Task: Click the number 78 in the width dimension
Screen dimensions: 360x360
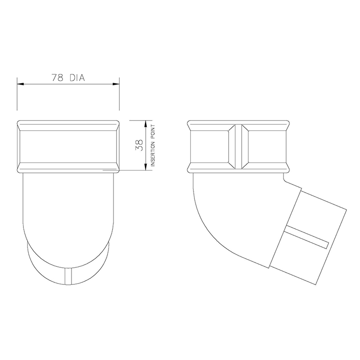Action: coord(58,77)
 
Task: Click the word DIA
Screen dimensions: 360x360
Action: coord(77,77)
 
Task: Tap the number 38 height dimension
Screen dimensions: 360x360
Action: coord(139,145)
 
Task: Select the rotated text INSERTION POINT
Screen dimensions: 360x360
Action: coord(153,145)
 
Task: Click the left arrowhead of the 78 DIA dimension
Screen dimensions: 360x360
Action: coord(20,84)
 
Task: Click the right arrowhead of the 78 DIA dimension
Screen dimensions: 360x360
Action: coord(116,84)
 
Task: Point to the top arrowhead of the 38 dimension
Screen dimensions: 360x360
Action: coord(145,124)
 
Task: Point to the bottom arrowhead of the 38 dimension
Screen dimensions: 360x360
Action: coord(145,167)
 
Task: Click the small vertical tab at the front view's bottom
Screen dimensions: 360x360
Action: coord(68,276)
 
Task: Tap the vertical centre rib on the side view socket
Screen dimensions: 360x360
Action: coord(238,147)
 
